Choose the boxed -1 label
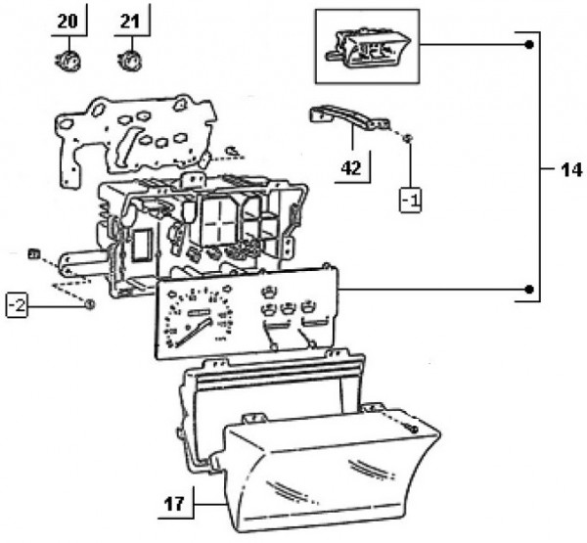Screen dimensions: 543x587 412,203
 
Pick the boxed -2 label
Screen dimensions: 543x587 17,304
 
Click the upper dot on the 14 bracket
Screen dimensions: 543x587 528,45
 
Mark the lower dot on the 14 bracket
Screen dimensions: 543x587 528,290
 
